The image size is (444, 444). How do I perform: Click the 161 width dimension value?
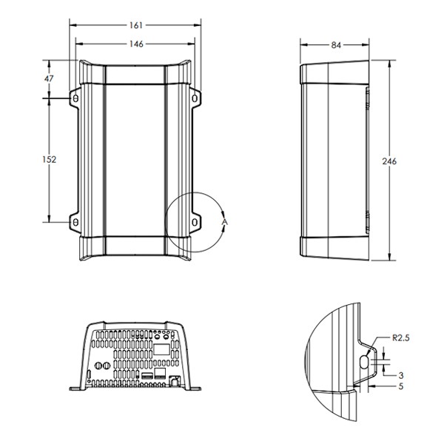click(136, 25)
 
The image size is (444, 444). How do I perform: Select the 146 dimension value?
click(136, 44)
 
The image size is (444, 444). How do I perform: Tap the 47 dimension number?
click(49, 78)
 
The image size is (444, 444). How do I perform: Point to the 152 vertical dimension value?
click(50, 159)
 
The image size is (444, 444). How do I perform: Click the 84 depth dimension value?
click(336, 45)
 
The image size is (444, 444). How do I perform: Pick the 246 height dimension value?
click(389, 161)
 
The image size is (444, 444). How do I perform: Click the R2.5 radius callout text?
click(400, 338)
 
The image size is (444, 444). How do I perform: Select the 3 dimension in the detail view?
click(400, 375)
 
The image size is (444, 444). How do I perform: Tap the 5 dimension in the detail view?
click(400, 386)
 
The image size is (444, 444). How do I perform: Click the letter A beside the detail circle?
click(225, 222)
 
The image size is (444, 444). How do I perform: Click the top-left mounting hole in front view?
click(75, 98)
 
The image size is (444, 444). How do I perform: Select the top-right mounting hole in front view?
click(195, 98)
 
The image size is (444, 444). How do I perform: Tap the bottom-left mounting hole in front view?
click(75, 222)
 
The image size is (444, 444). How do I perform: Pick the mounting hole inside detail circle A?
click(195, 222)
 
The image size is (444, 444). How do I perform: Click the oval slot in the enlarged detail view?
click(364, 362)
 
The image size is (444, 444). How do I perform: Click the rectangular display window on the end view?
click(161, 349)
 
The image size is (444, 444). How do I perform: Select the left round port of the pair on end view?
click(98, 366)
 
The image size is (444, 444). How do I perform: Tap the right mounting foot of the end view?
click(195, 388)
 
